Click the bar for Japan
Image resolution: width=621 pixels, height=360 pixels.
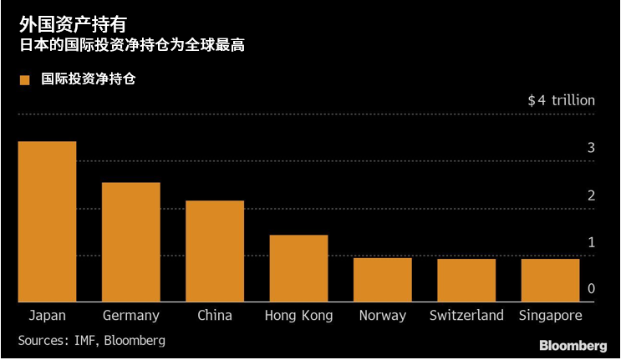(x=47, y=221)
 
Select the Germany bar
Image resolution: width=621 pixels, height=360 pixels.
(x=130, y=242)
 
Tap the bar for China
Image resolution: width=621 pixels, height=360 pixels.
(x=215, y=251)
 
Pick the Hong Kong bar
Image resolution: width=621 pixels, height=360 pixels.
(x=298, y=268)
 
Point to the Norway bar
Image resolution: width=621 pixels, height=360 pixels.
(x=382, y=280)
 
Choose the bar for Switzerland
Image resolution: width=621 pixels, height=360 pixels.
(x=466, y=280)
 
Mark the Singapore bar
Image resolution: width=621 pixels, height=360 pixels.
(x=550, y=280)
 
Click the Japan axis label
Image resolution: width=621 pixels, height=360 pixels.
(x=47, y=316)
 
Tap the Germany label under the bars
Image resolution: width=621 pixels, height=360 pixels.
(x=130, y=316)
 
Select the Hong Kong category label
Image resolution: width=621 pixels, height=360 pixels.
(x=298, y=316)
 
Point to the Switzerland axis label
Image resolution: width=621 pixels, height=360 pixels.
(x=466, y=316)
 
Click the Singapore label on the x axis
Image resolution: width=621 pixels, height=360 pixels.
(x=550, y=316)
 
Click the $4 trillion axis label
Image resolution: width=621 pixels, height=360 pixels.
(x=561, y=100)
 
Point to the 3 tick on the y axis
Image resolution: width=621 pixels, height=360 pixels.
(x=591, y=149)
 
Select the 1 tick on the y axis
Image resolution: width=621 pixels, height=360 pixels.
(x=591, y=242)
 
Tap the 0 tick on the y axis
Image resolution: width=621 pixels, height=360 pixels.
(x=591, y=289)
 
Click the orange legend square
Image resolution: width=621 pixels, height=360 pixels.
(x=24, y=80)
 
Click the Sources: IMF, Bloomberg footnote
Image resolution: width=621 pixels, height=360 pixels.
(x=92, y=341)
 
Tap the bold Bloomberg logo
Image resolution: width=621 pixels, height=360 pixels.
(x=573, y=346)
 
